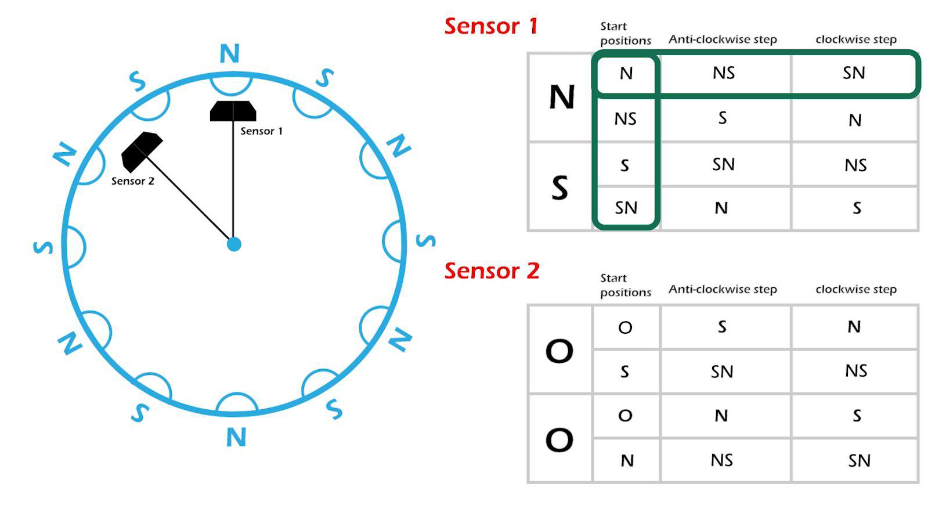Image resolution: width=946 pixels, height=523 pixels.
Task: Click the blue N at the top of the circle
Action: (x=230, y=53)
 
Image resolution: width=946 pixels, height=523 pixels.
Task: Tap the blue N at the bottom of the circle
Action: (x=236, y=437)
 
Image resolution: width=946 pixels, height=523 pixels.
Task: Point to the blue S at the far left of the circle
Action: (x=43, y=247)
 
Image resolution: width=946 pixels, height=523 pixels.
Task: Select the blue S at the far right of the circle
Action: (x=426, y=240)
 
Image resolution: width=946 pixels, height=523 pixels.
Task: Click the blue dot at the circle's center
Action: (x=234, y=244)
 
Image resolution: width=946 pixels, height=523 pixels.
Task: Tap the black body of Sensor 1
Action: (x=233, y=111)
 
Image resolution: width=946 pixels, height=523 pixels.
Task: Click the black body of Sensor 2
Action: (x=141, y=152)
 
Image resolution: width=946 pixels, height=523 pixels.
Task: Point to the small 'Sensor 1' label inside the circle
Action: (x=261, y=131)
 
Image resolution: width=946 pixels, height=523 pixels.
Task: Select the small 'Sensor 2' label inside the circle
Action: (x=132, y=181)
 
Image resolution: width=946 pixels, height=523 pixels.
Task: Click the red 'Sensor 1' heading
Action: (x=491, y=26)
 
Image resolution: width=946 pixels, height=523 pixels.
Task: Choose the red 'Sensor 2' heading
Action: (x=492, y=270)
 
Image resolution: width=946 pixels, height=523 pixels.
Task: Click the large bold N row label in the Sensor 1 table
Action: (x=562, y=97)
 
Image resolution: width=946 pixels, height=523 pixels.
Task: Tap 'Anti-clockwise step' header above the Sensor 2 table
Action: (x=723, y=290)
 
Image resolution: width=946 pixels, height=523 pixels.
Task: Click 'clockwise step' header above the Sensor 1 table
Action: (x=856, y=39)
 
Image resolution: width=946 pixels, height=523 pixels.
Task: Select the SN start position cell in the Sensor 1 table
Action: (x=626, y=208)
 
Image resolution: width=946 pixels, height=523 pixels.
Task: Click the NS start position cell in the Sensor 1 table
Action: (x=626, y=119)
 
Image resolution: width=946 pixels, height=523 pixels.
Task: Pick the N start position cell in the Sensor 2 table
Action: (x=627, y=460)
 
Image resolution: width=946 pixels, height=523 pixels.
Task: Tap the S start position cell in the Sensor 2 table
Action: (x=624, y=371)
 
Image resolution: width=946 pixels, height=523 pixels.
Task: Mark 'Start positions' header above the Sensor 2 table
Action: (x=626, y=285)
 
